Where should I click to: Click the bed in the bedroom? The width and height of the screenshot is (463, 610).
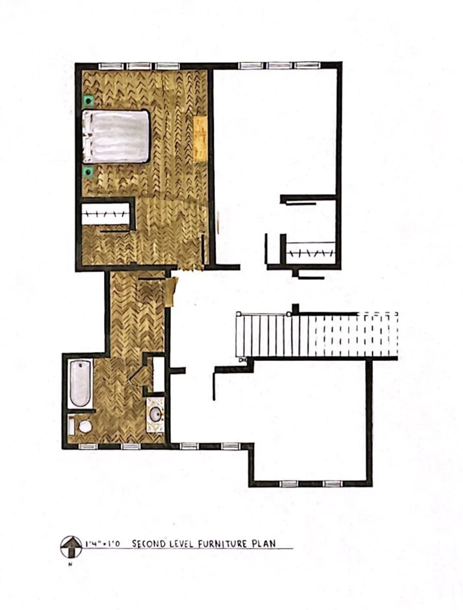pos(116,136)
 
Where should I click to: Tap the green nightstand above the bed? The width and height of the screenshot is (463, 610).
pos(89,100)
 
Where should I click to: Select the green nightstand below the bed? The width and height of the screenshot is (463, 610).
pos(89,172)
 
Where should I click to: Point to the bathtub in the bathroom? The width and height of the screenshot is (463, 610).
pos(80,384)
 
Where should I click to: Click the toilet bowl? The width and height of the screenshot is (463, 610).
pos(85,426)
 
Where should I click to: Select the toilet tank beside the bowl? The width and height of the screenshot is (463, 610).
pos(72,426)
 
